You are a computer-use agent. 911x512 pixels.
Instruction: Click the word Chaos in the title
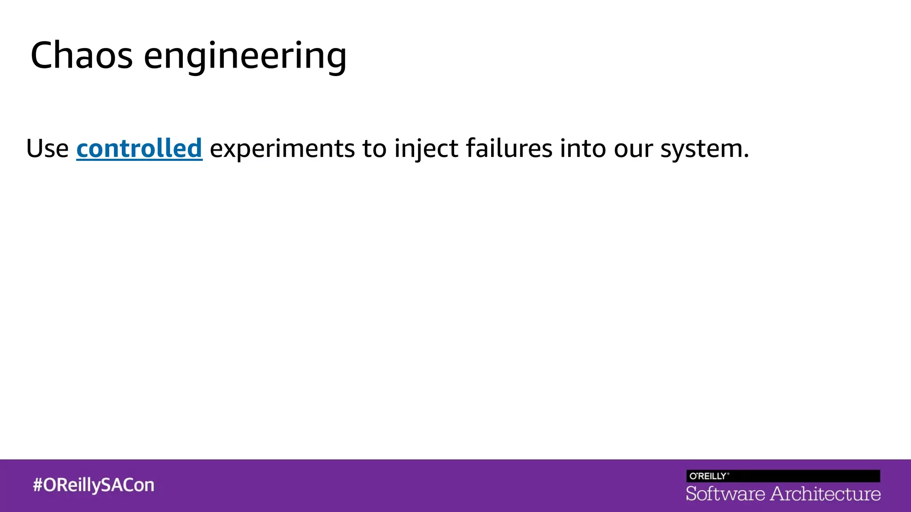point(81,56)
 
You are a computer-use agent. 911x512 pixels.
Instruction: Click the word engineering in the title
point(245,57)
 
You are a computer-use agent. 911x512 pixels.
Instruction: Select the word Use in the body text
point(47,148)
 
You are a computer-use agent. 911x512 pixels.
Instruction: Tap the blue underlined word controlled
point(139,148)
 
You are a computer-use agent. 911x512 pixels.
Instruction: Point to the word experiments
point(282,149)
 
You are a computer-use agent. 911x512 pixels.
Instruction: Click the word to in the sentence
point(374,148)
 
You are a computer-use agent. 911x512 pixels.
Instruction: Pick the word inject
point(426,149)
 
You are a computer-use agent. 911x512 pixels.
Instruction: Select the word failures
point(509,148)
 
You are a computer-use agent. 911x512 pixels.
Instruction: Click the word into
point(582,148)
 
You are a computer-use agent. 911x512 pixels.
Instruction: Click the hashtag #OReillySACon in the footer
point(93,485)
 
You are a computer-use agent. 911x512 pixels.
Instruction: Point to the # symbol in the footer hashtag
point(37,485)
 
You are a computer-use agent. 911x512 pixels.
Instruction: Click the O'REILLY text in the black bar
point(708,476)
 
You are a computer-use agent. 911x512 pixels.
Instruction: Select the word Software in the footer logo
point(725,494)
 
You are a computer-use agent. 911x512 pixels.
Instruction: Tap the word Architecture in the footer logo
point(826,494)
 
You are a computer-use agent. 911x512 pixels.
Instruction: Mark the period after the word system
point(746,156)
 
